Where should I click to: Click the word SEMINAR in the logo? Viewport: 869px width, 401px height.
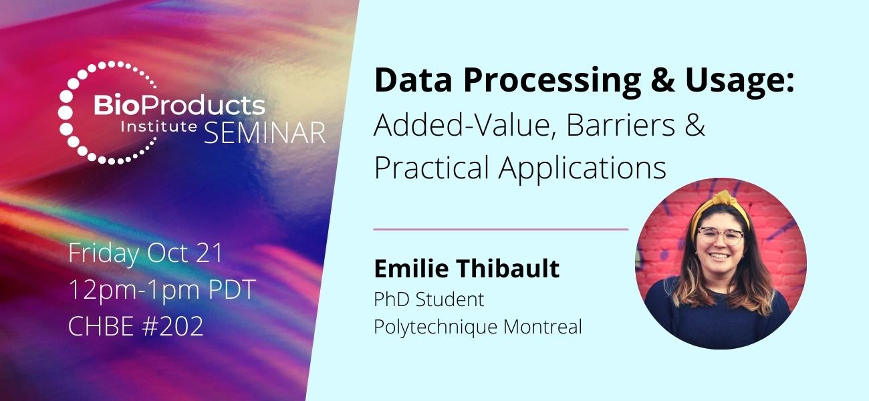tap(265, 132)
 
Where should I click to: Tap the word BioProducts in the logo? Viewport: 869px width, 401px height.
tap(178, 106)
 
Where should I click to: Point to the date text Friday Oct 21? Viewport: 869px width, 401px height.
tap(146, 254)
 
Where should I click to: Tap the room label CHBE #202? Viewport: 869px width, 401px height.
tap(136, 327)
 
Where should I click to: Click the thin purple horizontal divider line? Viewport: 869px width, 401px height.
tap(501, 229)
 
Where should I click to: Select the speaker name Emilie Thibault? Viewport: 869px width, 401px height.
tap(467, 269)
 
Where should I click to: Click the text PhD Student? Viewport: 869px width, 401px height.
tap(428, 300)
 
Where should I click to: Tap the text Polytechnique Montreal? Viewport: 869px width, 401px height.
tap(478, 327)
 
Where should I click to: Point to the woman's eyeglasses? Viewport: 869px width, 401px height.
tap(720, 236)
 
